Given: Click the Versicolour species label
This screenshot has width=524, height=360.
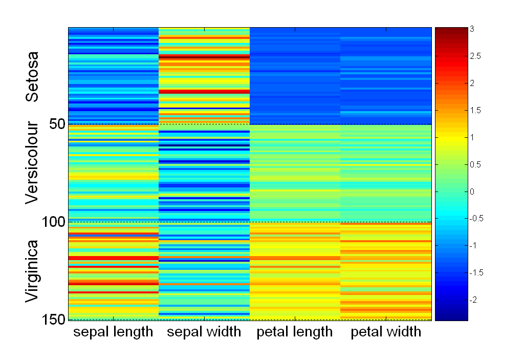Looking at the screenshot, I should (32, 163).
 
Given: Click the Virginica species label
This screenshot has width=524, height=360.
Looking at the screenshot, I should (32, 271).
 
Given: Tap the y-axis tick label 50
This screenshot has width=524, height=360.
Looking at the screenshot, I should (53, 124).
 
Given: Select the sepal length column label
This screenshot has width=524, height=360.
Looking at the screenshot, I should (113, 332).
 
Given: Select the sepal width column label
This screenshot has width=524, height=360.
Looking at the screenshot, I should (204, 332).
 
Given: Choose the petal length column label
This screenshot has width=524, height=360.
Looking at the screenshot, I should (295, 332).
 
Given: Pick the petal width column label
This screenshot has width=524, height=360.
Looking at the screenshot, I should (386, 332).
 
